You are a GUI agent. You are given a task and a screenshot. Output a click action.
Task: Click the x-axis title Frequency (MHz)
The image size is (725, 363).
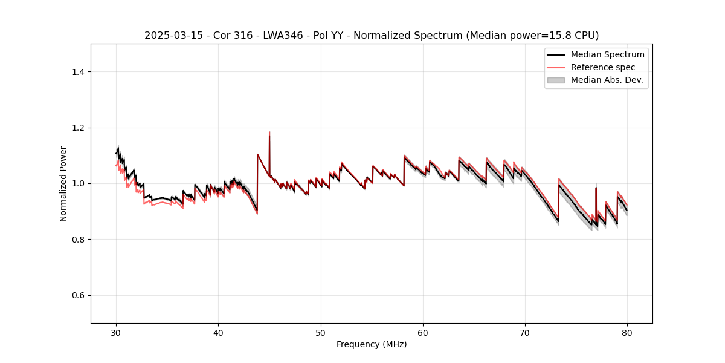[372, 344]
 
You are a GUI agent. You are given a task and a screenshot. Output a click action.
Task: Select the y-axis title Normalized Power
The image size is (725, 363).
[63, 183]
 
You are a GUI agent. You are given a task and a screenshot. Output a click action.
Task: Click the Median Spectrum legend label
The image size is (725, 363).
[607, 54]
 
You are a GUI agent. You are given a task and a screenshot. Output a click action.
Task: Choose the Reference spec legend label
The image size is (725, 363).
[603, 67]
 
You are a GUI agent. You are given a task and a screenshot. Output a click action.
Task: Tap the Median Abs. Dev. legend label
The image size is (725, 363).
[607, 80]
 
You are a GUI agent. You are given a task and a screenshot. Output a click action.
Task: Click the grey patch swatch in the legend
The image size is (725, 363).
[556, 80]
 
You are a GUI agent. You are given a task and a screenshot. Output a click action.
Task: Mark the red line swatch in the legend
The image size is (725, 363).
[556, 67]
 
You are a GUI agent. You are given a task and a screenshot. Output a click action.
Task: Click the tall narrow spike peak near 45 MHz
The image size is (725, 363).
[269, 132]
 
